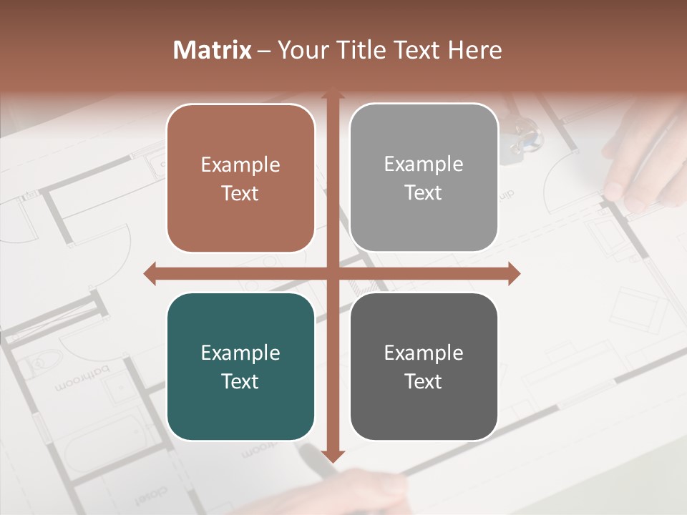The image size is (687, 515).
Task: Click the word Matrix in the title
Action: pyautogui.click(x=213, y=50)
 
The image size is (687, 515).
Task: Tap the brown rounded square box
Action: pyautogui.click(x=240, y=178)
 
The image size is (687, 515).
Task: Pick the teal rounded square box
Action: pyautogui.click(x=240, y=366)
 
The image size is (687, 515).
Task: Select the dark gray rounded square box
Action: pyautogui.click(x=424, y=366)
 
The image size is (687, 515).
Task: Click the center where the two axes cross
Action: pyautogui.click(x=332, y=273)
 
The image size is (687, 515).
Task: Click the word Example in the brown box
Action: pyautogui.click(x=240, y=165)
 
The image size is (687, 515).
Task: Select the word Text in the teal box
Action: pyautogui.click(x=240, y=381)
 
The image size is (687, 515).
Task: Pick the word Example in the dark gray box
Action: pyautogui.click(x=424, y=353)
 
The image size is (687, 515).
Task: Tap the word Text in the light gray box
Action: pyautogui.click(x=424, y=193)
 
